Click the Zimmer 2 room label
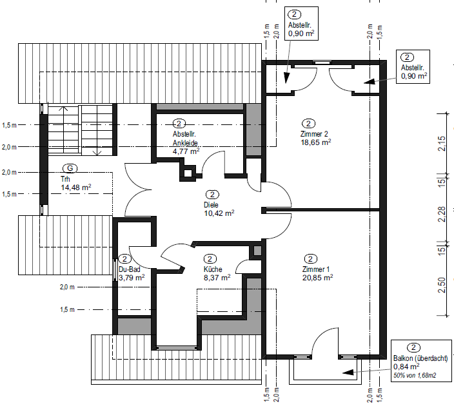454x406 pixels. tap(314, 134)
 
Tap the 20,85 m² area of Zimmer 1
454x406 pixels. tap(318, 278)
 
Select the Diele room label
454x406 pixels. tap(211, 205)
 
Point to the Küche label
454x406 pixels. tap(213, 269)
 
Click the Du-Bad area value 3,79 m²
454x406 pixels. tap(132, 278)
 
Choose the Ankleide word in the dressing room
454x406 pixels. tap(185, 143)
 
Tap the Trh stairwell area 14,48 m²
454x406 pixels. tap(76, 188)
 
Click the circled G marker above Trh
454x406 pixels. tap(70, 168)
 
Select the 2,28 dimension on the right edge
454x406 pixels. tap(442, 214)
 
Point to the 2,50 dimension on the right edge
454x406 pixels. tap(442, 285)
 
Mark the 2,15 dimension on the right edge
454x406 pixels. tap(442, 143)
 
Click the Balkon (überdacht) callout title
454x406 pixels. tap(420, 358)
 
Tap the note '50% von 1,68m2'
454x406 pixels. tap(415, 375)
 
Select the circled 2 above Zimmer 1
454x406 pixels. tap(311, 258)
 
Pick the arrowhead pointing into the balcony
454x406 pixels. tap(348, 372)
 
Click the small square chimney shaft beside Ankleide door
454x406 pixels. tap(188, 173)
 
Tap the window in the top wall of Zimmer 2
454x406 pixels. tap(322, 63)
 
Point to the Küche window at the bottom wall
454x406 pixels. tap(177, 347)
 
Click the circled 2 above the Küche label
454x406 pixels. tap(210, 258)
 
